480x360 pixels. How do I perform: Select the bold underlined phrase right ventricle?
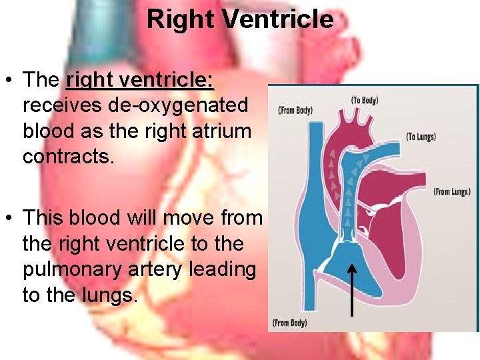tap(140, 81)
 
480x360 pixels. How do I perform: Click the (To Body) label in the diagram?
tap(365, 100)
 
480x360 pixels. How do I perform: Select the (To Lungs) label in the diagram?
tap(421, 137)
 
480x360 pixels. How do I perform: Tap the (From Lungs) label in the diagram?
tap(452, 191)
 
